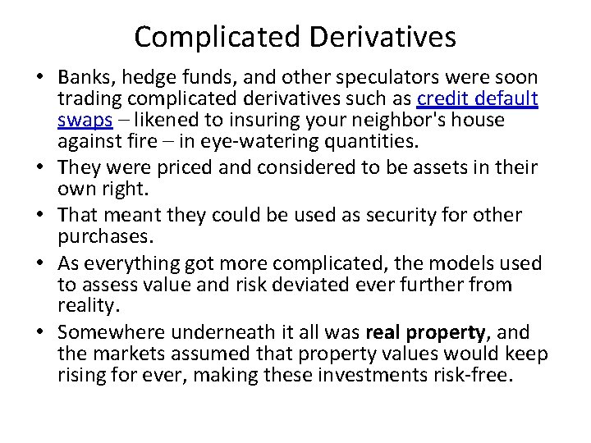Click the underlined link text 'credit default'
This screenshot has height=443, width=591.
tap(478, 99)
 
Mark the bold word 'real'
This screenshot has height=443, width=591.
tap(383, 332)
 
